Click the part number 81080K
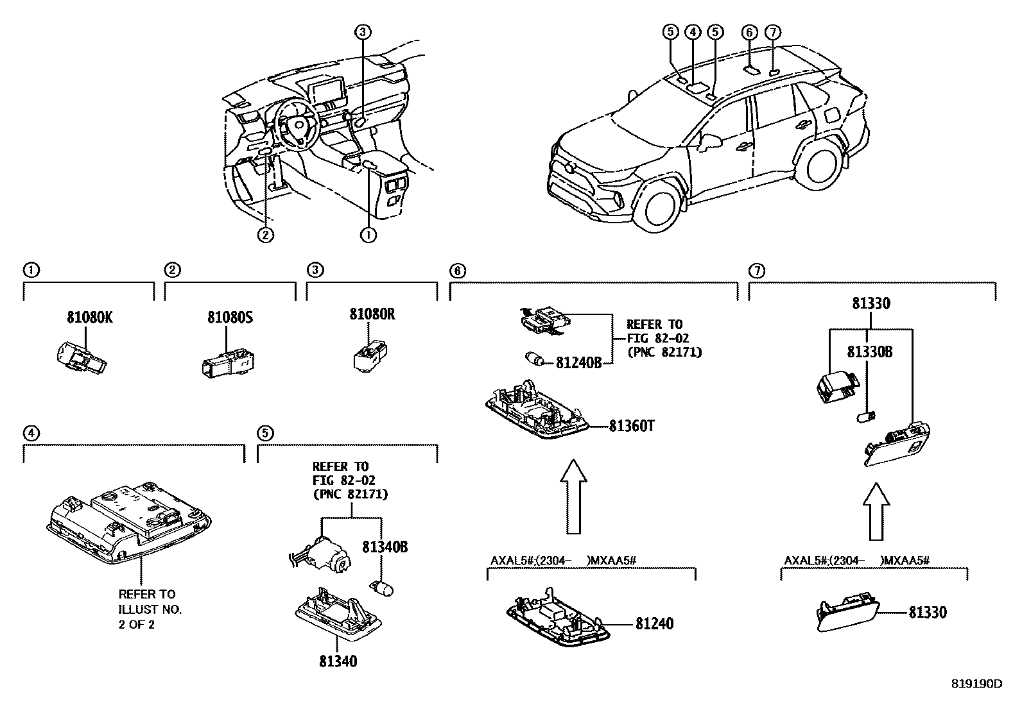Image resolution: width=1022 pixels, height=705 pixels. pos(90,316)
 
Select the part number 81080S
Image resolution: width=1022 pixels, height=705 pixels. pos(229,317)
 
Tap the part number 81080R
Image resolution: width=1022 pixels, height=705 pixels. pos(372,314)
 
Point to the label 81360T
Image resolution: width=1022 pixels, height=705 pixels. pos(632,426)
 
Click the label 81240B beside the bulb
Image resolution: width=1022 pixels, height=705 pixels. pos(578,363)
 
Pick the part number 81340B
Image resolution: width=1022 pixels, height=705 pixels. pos(385,547)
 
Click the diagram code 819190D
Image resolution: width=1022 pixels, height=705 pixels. pos(976,684)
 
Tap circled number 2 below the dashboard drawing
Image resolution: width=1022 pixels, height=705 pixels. pos(265,235)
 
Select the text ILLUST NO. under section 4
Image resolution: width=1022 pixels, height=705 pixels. pos(150,609)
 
